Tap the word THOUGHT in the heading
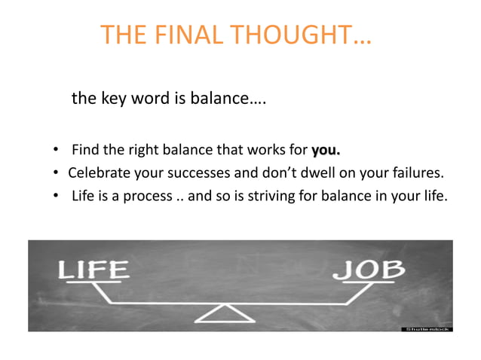pyautogui.click(x=301, y=35)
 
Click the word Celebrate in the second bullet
pyautogui.click(x=96, y=172)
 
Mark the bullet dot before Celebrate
pyautogui.click(x=57, y=173)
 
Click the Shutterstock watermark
pyautogui.click(x=427, y=328)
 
